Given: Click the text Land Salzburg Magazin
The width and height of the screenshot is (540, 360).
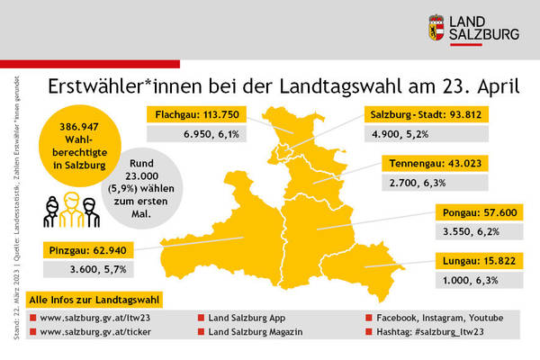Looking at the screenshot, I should point(255,332).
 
